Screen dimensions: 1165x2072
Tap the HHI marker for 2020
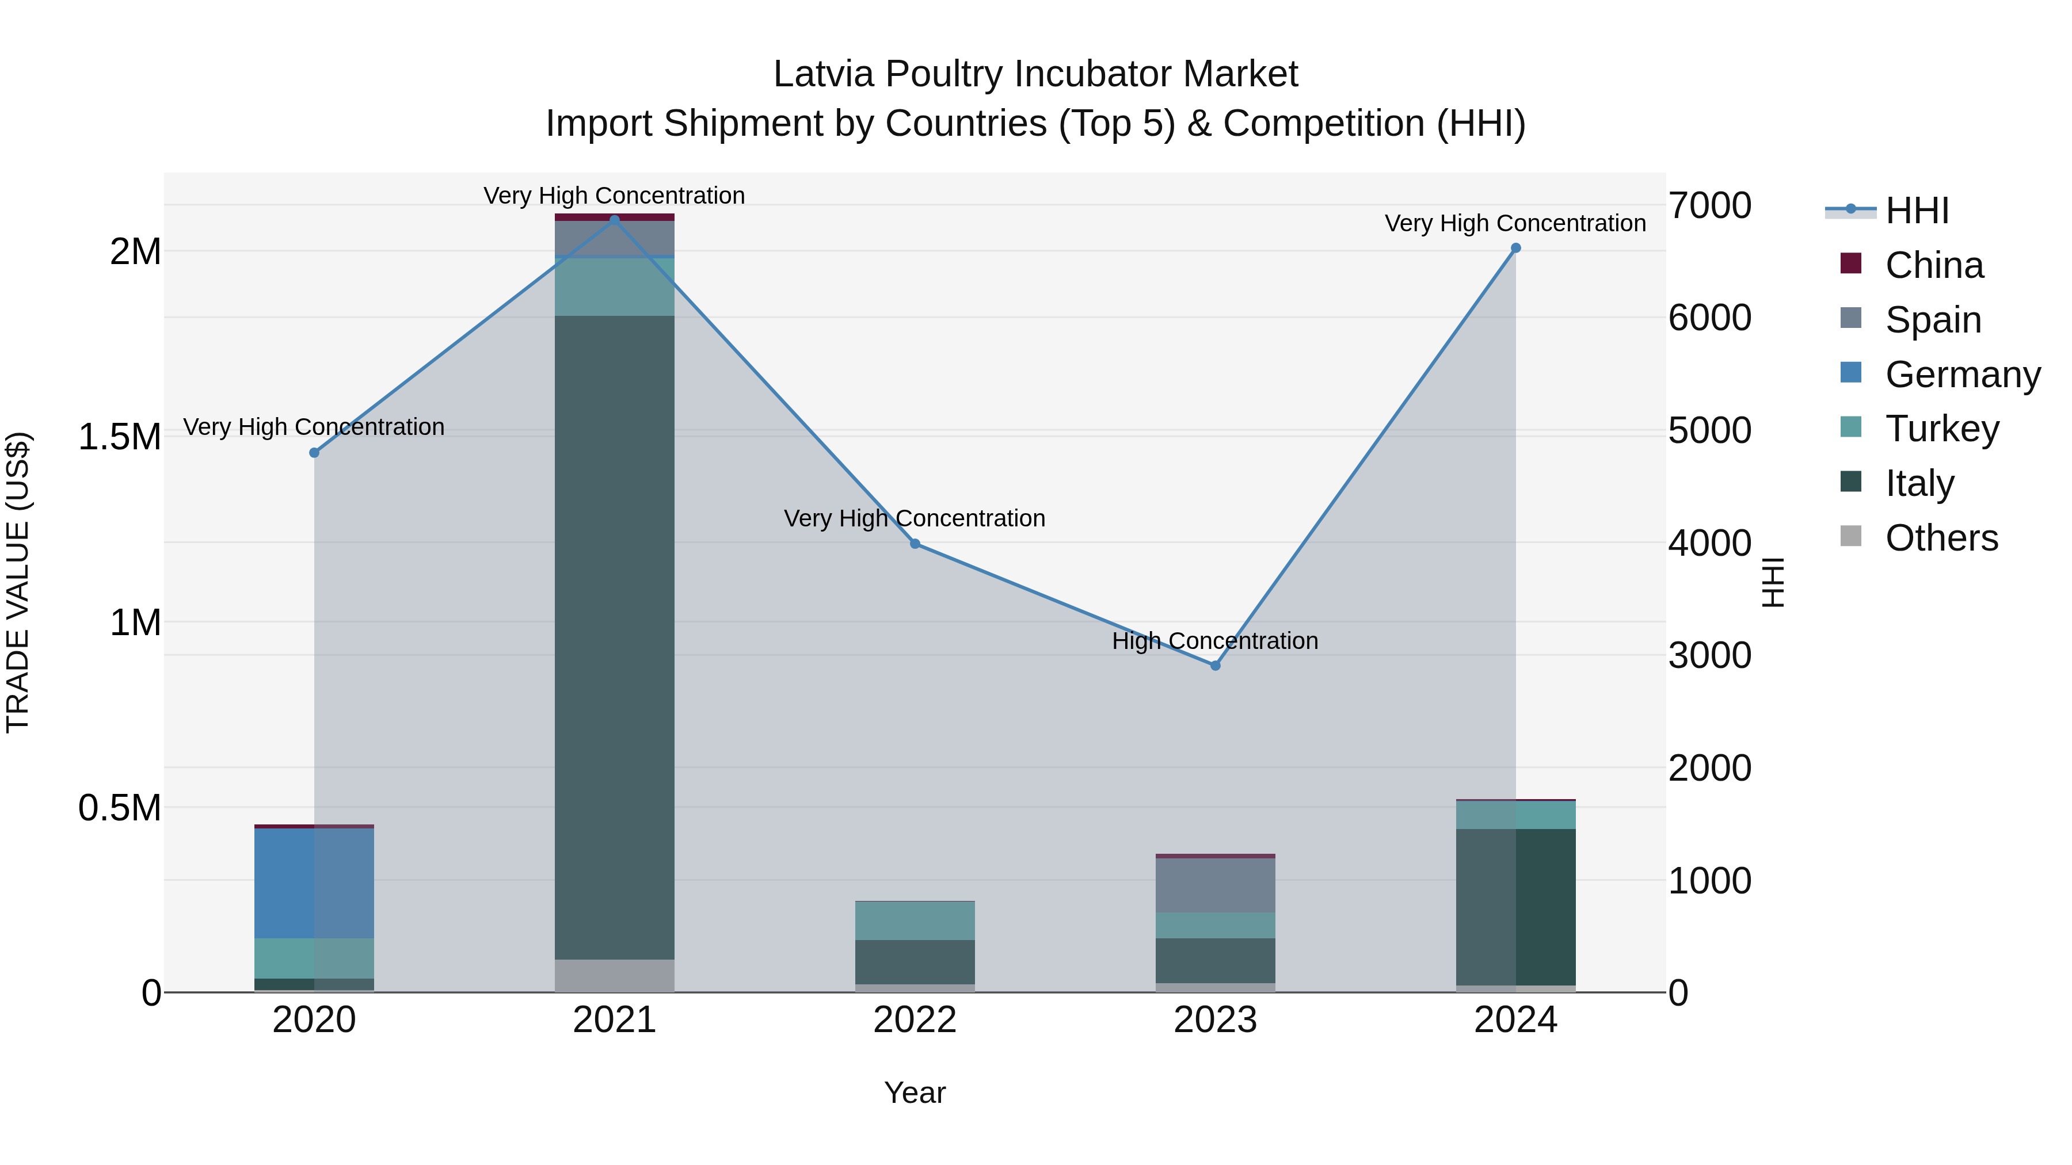coord(314,453)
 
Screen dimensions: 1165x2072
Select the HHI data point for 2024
coord(1515,249)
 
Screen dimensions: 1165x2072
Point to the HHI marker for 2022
coord(915,544)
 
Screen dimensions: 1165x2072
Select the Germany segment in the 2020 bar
coord(314,883)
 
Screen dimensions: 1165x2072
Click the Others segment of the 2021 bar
coord(615,975)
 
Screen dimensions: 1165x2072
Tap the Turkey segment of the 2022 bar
coord(915,920)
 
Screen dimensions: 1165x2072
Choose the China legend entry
coord(1934,265)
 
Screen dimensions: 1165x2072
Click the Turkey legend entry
coord(1942,429)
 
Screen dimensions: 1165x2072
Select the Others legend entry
coord(1941,538)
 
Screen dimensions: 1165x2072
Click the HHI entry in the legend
coord(1917,211)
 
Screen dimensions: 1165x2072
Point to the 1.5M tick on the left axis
coord(120,437)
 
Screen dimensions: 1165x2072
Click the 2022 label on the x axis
coord(915,1020)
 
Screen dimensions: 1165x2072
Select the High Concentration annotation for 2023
coord(1214,641)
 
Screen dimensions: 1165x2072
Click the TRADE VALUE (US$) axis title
coord(18,582)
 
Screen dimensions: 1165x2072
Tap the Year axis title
coord(915,1093)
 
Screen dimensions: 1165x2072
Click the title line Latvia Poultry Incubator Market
coord(1035,74)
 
